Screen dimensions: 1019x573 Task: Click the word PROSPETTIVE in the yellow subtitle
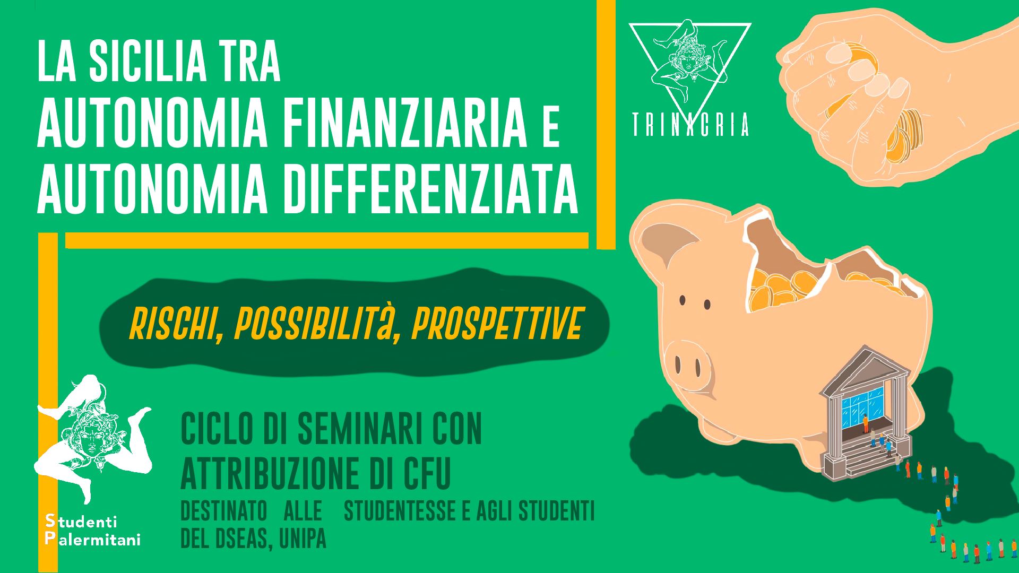[496, 323]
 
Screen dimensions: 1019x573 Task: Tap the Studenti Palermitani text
[93, 530]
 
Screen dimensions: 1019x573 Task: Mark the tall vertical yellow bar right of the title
[606, 124]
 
